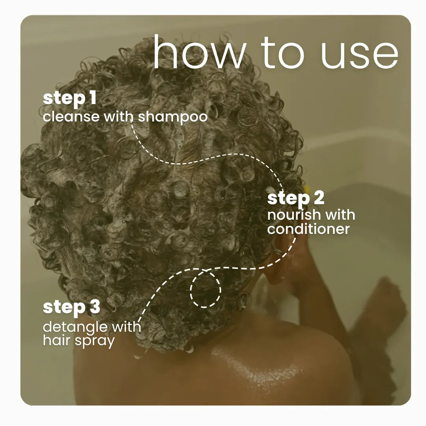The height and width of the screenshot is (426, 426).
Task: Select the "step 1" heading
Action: tap(69, 98)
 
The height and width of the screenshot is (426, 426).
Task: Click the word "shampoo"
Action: tap(173, 118)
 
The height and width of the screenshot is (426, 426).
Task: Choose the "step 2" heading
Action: tap(295, 198)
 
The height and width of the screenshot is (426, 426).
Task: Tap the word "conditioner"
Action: tap(308, 229)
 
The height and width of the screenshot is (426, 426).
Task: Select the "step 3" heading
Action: tap(71, 308)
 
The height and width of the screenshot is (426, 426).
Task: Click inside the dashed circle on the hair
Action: tap(206, 290)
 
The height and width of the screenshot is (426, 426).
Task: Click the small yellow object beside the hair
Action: tap(306, 189)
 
